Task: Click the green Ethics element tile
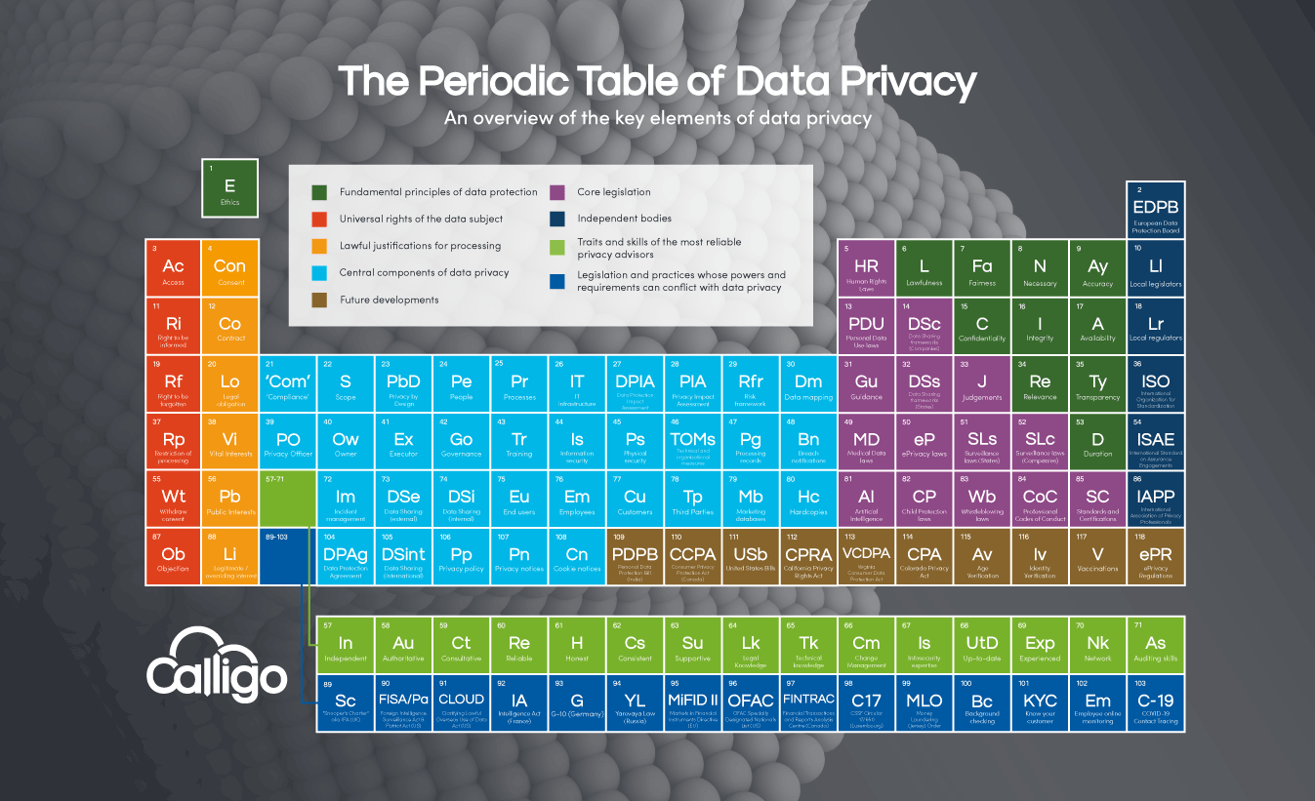[x=229, y=187]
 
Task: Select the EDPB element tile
[x=1155, y=210]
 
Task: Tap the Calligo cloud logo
[x=217, y=662]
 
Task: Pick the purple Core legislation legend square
[x=558, y=192]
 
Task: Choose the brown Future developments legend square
[x=319, y=300]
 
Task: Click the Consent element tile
[x=230, y=266]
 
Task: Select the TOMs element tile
[x=692, y=442]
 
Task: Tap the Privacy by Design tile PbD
[x=403, y=383]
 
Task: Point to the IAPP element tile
[x=1155, y=499]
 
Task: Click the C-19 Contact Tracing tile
[x=1155, y=702]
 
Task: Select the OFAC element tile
[x=750, y=702]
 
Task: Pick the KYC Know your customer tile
[x=1040, y=702]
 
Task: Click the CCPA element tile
[x=692, y=557]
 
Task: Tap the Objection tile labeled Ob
[x=173, y=557]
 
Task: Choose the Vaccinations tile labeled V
[x=1097, y=557]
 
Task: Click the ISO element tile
[x=1155, y=383]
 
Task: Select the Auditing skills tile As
[x=1155, y=645]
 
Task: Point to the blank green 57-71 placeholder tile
[x=288, y=499]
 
